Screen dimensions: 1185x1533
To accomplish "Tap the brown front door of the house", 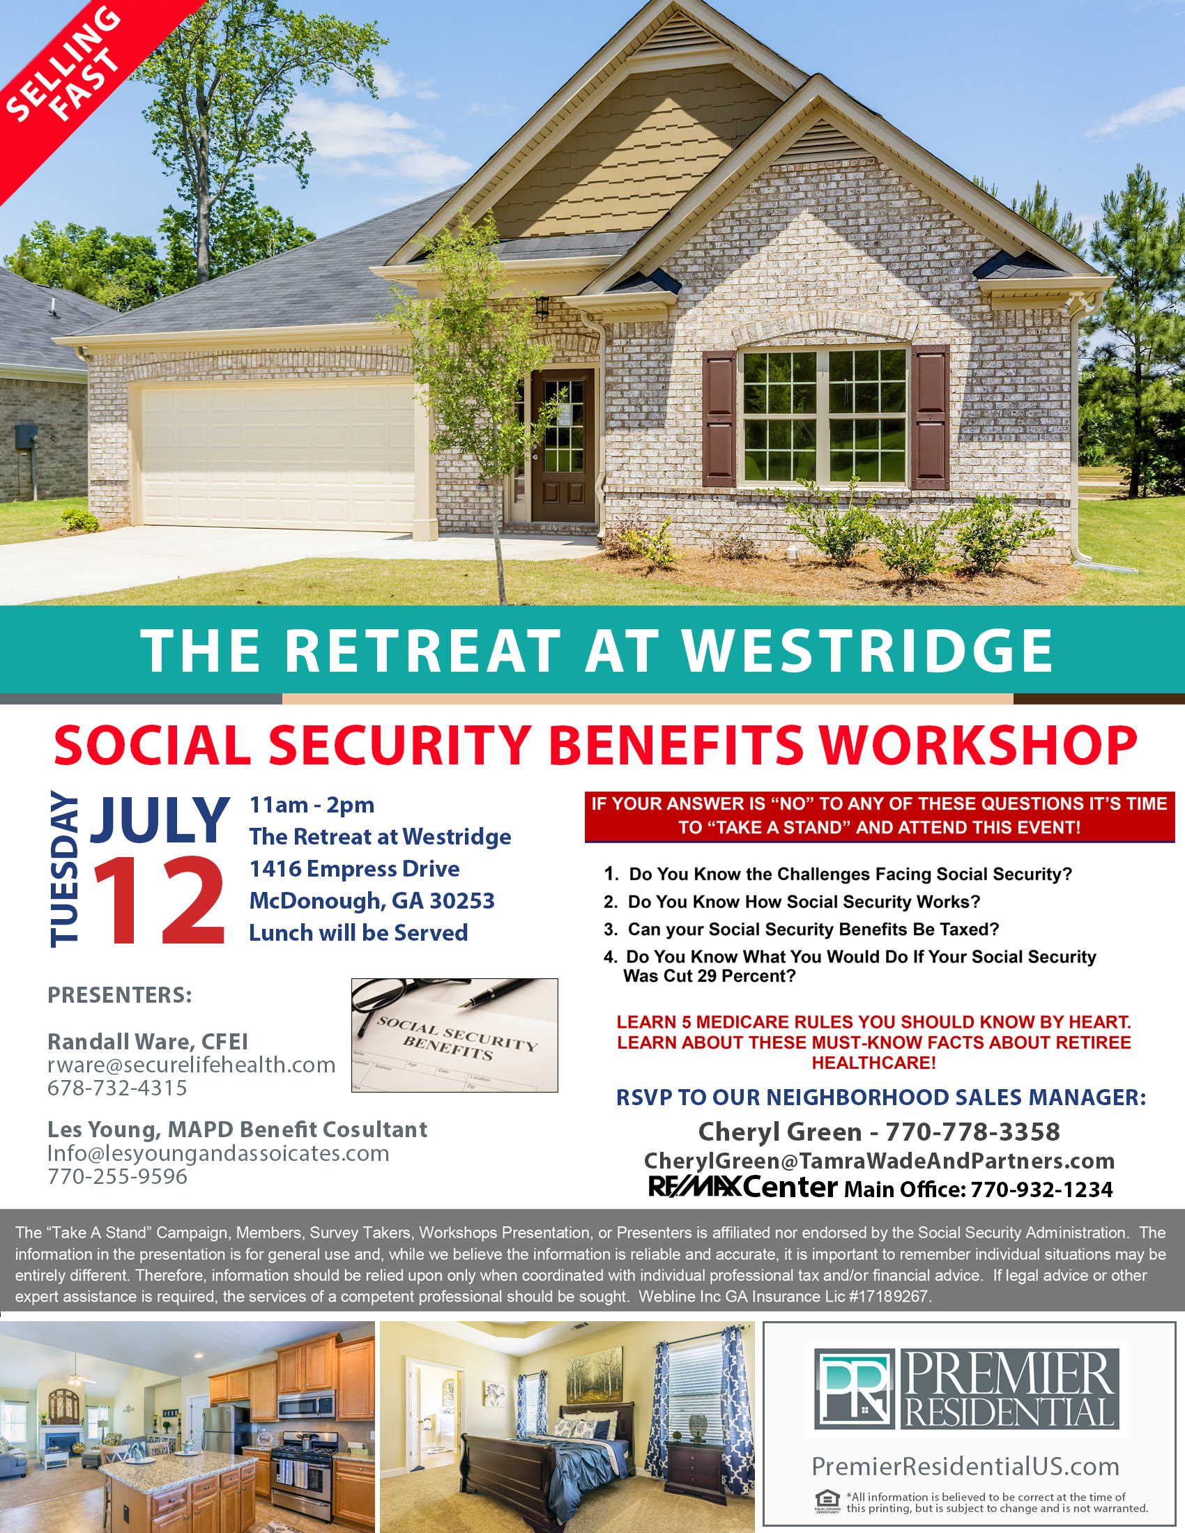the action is coord(563,446).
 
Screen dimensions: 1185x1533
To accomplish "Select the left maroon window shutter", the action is coord(719,419).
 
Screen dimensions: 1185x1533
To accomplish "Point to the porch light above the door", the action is coord(542,306).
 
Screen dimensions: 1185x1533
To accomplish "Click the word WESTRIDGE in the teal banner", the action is coord(868,650).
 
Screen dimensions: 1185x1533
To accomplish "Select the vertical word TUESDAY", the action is coord(65,869).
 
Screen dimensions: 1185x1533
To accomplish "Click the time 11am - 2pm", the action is coord(312,804).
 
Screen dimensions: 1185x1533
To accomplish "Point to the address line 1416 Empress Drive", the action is coord(355,868).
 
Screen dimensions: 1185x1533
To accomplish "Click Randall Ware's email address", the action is coord(191,1065).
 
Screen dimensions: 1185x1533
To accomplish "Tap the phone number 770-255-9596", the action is coord(117,1176).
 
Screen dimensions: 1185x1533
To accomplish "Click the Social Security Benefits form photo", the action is coord(454,1035).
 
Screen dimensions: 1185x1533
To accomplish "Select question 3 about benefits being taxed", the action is coord(801,930).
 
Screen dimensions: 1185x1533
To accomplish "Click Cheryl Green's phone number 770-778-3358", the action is coord(972,1132).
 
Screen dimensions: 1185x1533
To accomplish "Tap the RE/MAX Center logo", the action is coord(743,1187).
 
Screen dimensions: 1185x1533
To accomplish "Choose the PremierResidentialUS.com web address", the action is coord(965,1466).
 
